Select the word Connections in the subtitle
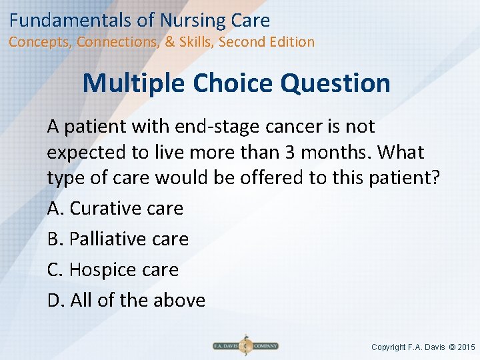[118, 42]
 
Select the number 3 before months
[290, 152]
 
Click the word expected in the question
[87, 152]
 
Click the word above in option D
[179, 301]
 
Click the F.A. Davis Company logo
[245, 346]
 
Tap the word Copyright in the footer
[389, 347]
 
